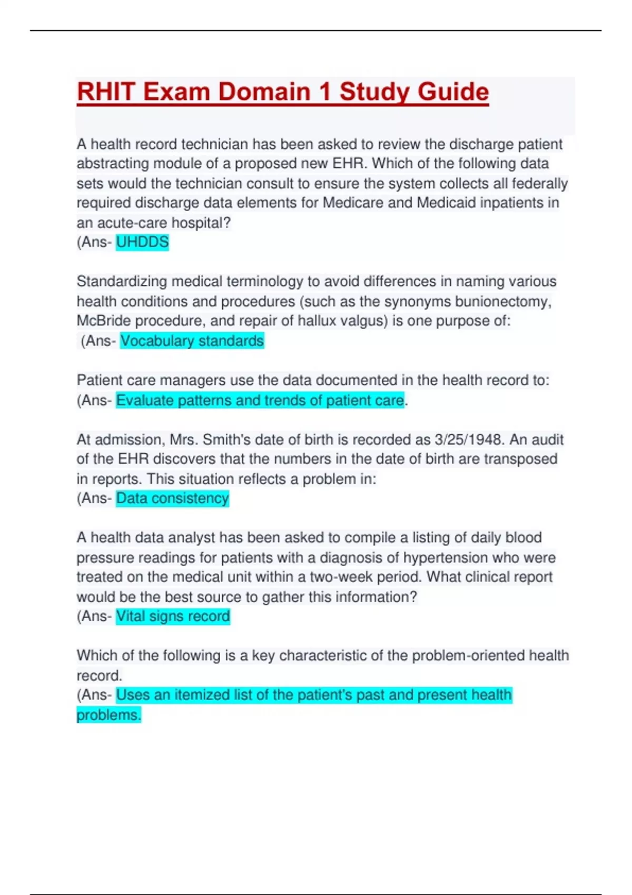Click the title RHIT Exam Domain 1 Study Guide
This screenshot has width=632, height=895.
point(283,92)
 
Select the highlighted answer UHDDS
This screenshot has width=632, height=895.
point(142,242)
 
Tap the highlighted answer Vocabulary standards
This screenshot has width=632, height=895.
point(192,341)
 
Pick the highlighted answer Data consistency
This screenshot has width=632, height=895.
point(172,498)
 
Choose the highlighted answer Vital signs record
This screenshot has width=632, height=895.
point(173,616)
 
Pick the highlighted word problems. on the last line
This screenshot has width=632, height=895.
point(108,715)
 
